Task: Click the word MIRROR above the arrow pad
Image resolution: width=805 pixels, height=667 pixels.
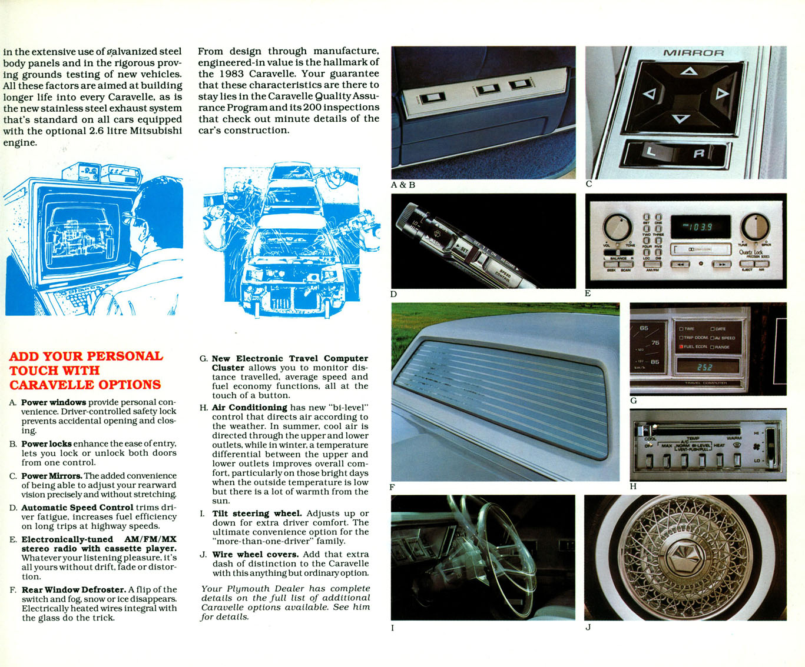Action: coord(693,53)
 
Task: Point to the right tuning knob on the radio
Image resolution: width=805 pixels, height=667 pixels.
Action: coord(754,227)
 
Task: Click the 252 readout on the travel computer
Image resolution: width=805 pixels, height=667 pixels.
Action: coord(705,367)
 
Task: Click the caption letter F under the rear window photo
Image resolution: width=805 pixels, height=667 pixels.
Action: coord(392,488)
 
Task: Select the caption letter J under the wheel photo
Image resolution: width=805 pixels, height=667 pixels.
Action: coord(588,628)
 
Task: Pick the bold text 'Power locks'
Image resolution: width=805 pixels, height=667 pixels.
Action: coord(47,444)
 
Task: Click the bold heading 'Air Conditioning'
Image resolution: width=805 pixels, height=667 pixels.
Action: coord(249,408)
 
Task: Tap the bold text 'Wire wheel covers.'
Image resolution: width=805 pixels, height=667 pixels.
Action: coord(255,555)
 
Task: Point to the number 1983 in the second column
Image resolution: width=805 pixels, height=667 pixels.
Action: coord(231,74)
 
